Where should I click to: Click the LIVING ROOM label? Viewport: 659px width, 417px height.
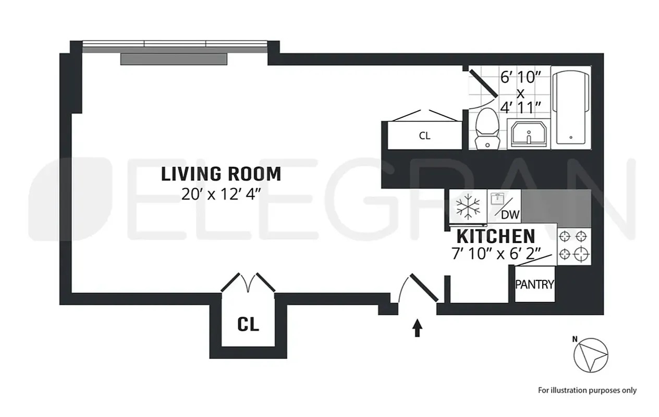[221, 174]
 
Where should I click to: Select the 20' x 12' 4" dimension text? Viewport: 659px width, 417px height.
[221, 194]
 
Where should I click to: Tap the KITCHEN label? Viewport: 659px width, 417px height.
[496, 236]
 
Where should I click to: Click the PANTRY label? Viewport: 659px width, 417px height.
[534, 285]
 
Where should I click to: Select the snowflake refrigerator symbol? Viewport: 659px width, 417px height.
[467, 207]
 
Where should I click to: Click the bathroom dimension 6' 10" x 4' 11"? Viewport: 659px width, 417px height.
[520, 93]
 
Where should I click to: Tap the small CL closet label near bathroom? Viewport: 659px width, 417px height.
[424, 136]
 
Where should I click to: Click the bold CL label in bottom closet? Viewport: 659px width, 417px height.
[248, 324]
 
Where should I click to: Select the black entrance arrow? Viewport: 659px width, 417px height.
[417, 328]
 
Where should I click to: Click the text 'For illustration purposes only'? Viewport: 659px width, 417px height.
[587, 390]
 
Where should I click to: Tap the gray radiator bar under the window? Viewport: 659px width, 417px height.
[174, 59]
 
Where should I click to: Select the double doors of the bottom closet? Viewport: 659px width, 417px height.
[248, 283]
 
